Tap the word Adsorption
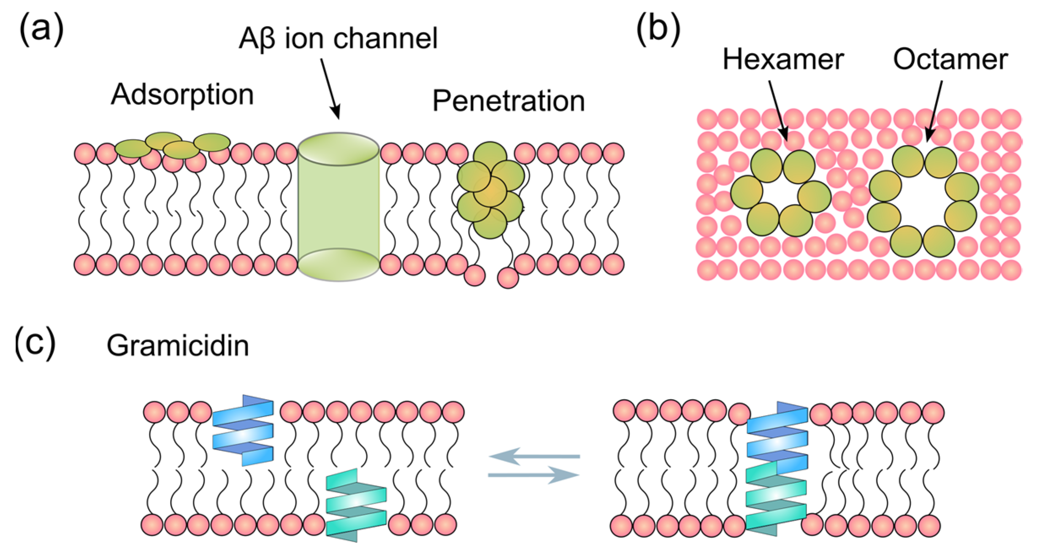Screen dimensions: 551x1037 click(182, 94)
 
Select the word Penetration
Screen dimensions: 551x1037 click(509, 101)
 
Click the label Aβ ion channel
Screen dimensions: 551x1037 click(338, 39)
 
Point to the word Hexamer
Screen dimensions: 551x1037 click(783, 59)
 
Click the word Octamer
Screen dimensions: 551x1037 click(950, 59)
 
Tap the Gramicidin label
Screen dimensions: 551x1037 click(178, 346)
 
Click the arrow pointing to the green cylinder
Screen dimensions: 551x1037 click(330, 89)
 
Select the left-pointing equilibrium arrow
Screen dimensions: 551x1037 click(534, 456)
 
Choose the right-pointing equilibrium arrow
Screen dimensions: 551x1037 click(534, 475)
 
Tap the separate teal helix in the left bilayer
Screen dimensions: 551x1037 click(356, 505)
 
